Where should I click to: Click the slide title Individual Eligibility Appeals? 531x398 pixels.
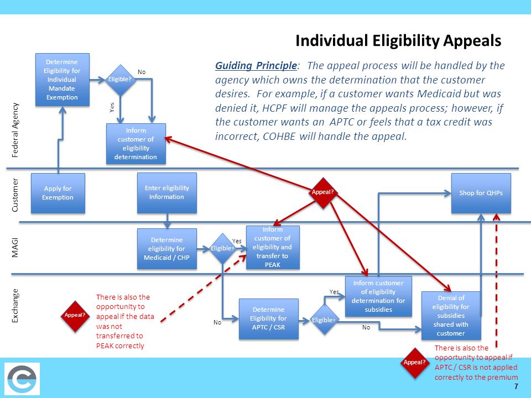pyautogui.click(x=398, y=41)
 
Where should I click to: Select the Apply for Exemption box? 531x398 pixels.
pyautogui.click(x=58, y=193)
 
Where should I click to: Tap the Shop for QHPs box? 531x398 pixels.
pyautogui.click(x=481, y=193)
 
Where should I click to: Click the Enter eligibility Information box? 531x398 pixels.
pyautogui.click(x=166, y=192)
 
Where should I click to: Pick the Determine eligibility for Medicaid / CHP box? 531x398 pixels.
pyautogui.click(x=166, y=248)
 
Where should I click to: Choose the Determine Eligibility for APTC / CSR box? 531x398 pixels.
pyautogui.click(x=268, y=319)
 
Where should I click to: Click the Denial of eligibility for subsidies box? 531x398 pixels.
pyautogui.click(x=451, y=316)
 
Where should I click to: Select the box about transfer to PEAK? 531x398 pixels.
pyautogui.click(x=272, y=247)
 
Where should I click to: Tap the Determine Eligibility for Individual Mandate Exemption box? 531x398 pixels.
pyautogui.click(x=62, y=79)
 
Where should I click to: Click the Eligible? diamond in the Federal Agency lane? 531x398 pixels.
pyautogui.click(x=121, y=80)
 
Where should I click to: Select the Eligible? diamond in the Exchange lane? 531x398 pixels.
pyautogui.click(x=324, y=320)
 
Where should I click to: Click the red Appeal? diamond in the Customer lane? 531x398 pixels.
pyautogui.click(x=323, y=192)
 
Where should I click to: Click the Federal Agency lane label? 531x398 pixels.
pyautogui.click(x=15, y=130)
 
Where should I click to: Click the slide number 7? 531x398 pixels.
pyautogui.click(x=516, y=386)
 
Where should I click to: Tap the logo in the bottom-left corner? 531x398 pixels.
pyautogui.click(x=22, y=379)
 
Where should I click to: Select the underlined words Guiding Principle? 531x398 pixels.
pyautogui.click(x=256, y=66)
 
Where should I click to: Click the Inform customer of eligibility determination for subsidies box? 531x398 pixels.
pyautogui.click(x=378, y=296)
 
